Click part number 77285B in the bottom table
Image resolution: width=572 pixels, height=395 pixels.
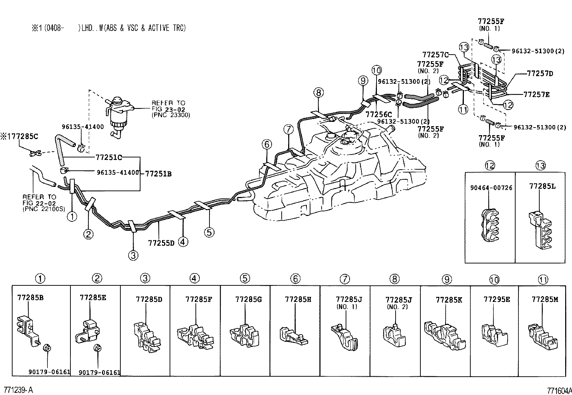click(31, 298)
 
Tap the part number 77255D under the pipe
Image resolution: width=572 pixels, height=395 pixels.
click(161, 243)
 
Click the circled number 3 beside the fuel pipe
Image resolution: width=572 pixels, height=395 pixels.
click(133, 256)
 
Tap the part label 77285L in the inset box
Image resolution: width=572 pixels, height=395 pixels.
click(542, 186)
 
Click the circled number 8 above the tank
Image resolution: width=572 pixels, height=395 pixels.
click(318, 93)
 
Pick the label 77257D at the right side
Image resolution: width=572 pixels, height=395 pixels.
click(540, 74)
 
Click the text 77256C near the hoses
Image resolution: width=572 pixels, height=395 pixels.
click(378, 114)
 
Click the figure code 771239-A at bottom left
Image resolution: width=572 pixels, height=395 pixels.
click(18, 390)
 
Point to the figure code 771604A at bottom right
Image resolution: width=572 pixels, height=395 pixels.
click(559, 391)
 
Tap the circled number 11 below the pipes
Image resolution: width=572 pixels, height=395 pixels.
click(463, 109)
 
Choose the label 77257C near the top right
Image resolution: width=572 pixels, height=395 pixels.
click(435, 55)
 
